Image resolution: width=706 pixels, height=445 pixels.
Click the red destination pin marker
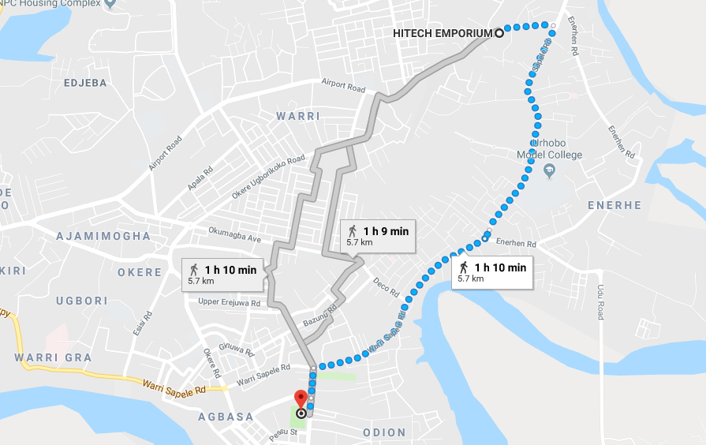click(301, 398)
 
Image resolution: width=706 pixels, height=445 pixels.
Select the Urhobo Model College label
click(550, 150)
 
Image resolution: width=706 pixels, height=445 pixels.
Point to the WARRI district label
click(298, 116)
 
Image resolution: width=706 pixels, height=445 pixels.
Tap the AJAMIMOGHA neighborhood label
click(103, 236)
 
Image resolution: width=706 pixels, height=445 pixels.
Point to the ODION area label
click(384, 432)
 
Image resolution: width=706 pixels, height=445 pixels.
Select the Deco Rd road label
click(387, 287)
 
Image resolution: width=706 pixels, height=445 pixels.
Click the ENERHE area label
click(614, 205)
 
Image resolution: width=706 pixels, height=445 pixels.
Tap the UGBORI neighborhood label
click(82, 301)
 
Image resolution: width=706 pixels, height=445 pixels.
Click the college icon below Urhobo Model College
click(551, 170)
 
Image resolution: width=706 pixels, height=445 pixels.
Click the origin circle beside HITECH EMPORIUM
click(499, 33)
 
